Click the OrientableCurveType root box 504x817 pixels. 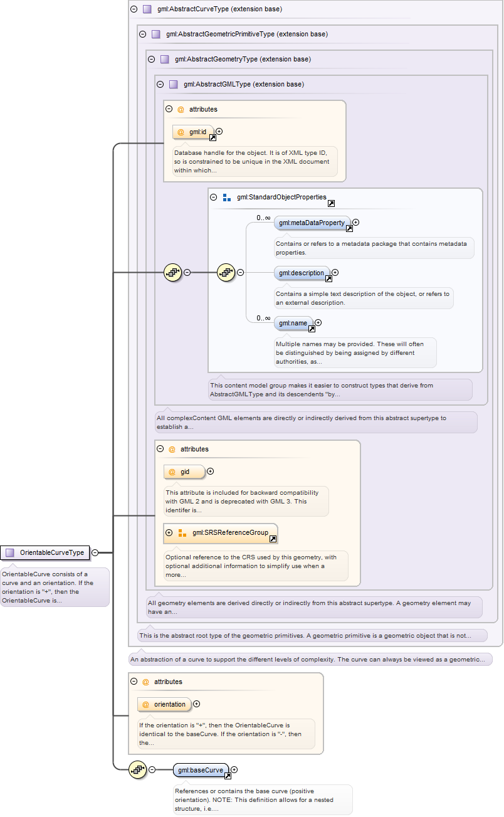click(x=45, y=552)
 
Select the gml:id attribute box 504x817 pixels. click(x=193, y=132)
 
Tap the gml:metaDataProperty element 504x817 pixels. click(x=312, y=223)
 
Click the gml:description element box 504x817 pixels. click(x=302, y=273)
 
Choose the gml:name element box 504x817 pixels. click(x=293, y=323)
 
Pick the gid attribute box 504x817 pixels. click(x=184, y=472)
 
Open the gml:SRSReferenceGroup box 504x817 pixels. click(x=221, y=533)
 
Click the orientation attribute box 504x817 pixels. click(x=164, y=704)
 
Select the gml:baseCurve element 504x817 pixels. click(x=201, y=770)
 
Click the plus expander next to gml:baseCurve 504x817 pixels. click(x=234, y=769)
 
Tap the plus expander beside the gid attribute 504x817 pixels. click(x=211, y=472)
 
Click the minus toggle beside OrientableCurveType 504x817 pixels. click(x=95, y=552)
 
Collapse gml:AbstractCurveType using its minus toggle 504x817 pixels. click(x=134, y=9)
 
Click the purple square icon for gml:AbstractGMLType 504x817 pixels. click(x=174, y=84)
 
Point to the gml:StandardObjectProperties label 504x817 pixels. click(x=281, y=197)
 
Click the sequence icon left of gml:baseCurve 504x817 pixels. click(x=137, y=769)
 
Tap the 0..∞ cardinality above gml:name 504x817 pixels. click(x=263, y=318)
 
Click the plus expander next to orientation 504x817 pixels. click(x=197, y=704)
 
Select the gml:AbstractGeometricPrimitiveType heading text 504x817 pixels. click(x=247, y=34)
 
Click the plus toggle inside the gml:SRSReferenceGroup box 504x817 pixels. click(x=169, y=532)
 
